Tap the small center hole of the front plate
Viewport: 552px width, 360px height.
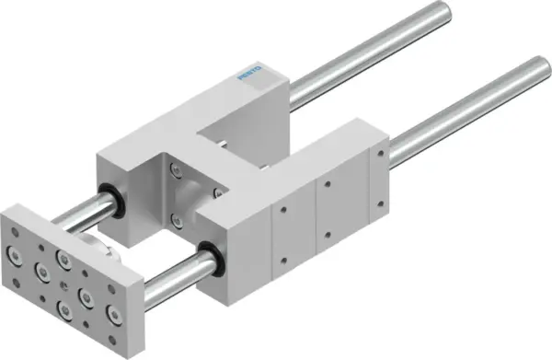[63, 276]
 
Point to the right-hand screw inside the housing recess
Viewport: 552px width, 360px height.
[217, 192]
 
